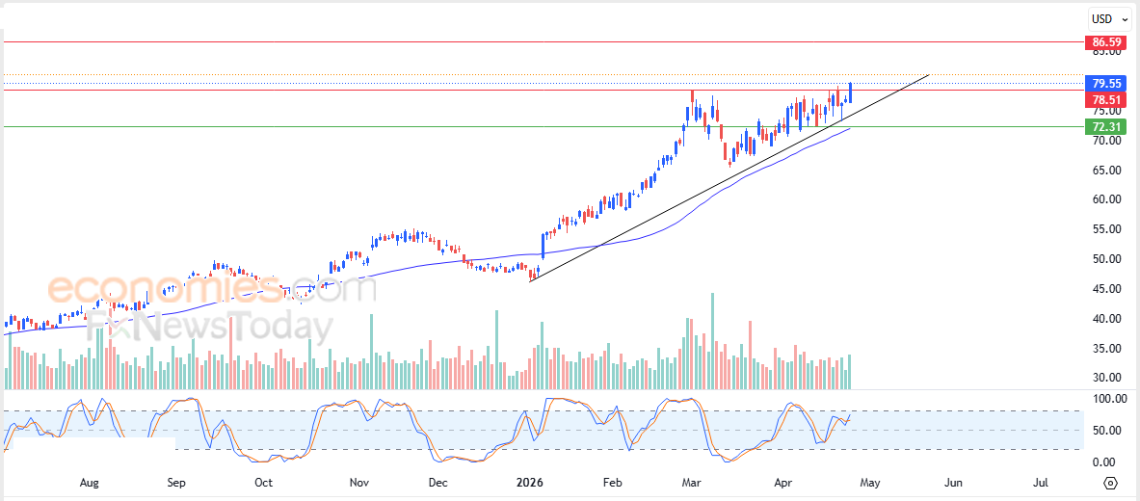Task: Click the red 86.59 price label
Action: [x=1105, y=42]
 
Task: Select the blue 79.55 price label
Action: [x=1105, y=83]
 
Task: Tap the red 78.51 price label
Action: [x=1105, y=100]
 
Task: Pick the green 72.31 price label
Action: [x=1105, y=127]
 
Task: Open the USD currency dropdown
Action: [x=1109, y=18]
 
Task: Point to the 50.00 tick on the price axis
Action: [x=1104, y=259]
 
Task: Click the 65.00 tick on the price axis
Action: [x=1104, y=171]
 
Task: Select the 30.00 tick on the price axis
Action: [x=1104, y=378]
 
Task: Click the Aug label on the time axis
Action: [x=90, y=482]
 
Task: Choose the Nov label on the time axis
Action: [x=359, y=482]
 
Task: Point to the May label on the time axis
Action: [x=870, y=482]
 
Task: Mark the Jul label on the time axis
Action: [x=1042, y=482]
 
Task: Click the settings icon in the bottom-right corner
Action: [x=1111, y=483]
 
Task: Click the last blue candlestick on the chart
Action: [x=850, y=92]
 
